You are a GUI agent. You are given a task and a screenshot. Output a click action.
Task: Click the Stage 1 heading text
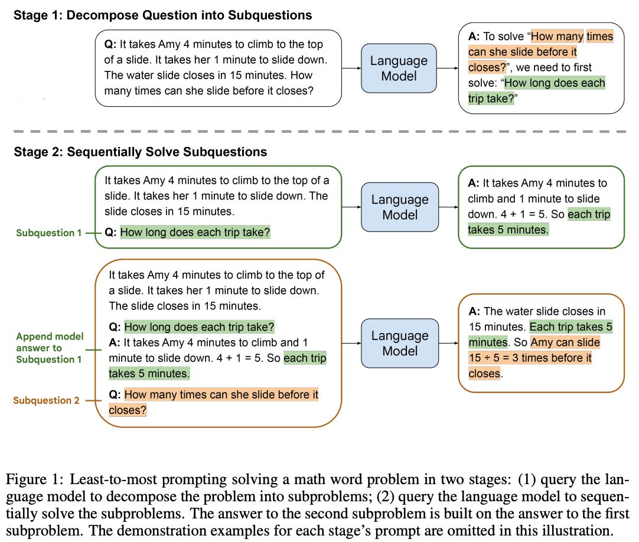pyautogui.click(x=163, y=15)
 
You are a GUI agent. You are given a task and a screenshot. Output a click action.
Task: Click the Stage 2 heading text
pyautogui.click(x=141, y=152)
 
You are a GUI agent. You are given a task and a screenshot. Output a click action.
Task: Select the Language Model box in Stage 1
pyautogui.click(x=399, y=68)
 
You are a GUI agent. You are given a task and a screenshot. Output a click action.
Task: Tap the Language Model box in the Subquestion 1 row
pyautogui.click(x=400, y=207)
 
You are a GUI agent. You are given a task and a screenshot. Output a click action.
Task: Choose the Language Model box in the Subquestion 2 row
pyautogui.click(x=400, y=343)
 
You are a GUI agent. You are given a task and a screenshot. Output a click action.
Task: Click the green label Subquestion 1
pyautogui.click(x=49, y=233)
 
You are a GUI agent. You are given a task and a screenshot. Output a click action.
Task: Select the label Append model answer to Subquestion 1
pyautogui.click(x=50, y=348)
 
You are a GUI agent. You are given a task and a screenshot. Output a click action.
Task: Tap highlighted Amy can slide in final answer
pyautogui.click(x=565, y=342)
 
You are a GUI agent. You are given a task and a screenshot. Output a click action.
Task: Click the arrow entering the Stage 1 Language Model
pyautogui.click(x=351, y=68)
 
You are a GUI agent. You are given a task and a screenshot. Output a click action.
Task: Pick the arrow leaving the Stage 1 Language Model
pyautogui.click(x=447, y=68)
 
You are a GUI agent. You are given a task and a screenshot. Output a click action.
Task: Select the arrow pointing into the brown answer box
pyautogui.click(x=448, y=343)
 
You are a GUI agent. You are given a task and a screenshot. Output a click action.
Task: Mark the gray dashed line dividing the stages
pyautogui.click(x=319, y=131)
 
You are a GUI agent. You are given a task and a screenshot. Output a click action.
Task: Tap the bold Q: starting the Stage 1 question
pyautogui.click(x=111, y=45)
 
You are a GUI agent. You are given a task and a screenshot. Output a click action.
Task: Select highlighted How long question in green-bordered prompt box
pyautogui.click(x=194, y=233)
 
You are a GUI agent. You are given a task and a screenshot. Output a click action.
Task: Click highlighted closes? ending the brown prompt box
pyautogui.click(x=128, y=410)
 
